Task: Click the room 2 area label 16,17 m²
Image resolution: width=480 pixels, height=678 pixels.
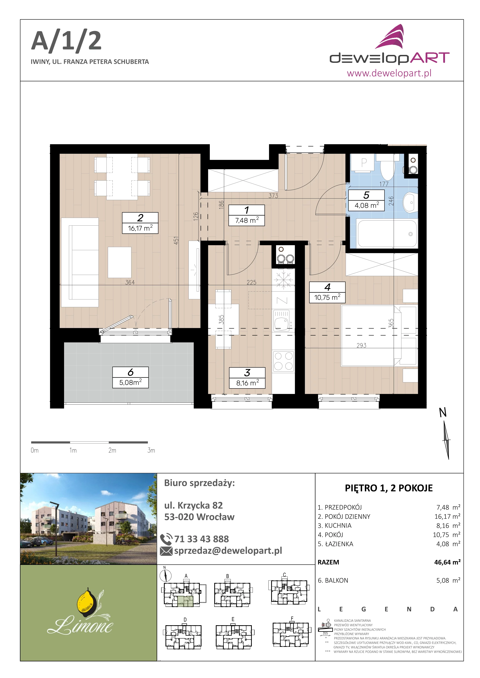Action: click(x=140, y=228)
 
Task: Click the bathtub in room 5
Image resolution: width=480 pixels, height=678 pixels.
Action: click(x=387, y=234)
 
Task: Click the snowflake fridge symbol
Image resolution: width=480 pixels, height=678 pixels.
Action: click(x=283, y=279)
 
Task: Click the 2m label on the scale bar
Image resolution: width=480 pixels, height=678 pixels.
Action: click(x=112, y=450)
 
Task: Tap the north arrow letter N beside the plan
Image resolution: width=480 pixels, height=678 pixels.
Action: click(x=442, y=413)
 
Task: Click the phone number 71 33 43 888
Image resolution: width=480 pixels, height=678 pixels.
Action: click(x=201, y=539)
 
